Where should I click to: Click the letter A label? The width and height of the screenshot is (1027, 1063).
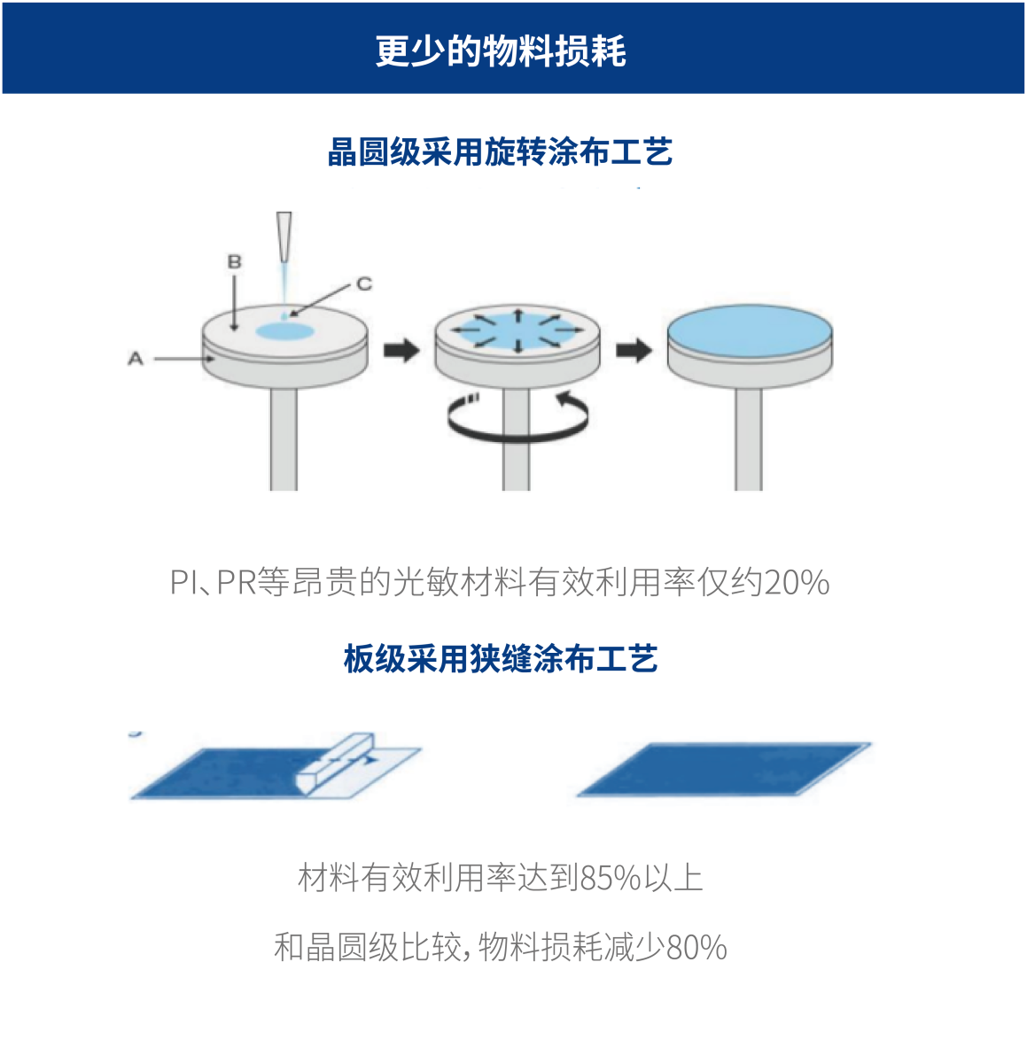click(136, 359)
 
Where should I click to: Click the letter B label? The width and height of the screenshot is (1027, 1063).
click(234, 261)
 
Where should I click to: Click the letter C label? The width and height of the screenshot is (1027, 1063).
click(364, 283)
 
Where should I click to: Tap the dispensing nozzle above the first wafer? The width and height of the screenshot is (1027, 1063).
click(284, 236)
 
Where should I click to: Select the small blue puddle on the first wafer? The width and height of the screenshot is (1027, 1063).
click(285, 331)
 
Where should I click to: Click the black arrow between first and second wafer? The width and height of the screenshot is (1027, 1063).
click(401, 350)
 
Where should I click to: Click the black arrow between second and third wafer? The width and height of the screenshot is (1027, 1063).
click(634, 350)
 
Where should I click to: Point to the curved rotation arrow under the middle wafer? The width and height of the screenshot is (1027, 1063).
click(517, 438)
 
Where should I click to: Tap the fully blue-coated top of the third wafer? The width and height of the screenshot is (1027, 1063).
click(751, 328)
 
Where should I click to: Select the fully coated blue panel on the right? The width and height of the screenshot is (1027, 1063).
click(724, 769)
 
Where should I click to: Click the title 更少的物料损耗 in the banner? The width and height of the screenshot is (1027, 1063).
click(501, 51)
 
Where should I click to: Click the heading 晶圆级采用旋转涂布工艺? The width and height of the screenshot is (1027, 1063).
click(500, 151)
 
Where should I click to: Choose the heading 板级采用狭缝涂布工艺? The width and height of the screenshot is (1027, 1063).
click(501, 658)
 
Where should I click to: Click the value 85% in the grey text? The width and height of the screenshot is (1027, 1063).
click(611, 879)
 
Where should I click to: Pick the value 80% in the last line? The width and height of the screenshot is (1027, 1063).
click(696, 947)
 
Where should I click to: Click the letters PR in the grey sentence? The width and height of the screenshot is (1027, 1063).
click(237, 582)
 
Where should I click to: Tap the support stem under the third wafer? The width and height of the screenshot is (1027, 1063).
click(749, 439)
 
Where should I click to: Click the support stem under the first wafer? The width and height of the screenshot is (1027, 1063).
click(284, 439)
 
